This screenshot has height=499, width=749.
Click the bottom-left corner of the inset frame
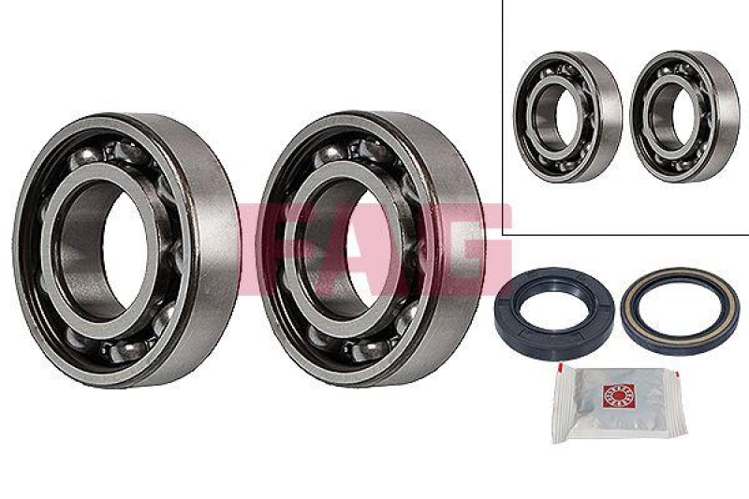pos(504,233)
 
